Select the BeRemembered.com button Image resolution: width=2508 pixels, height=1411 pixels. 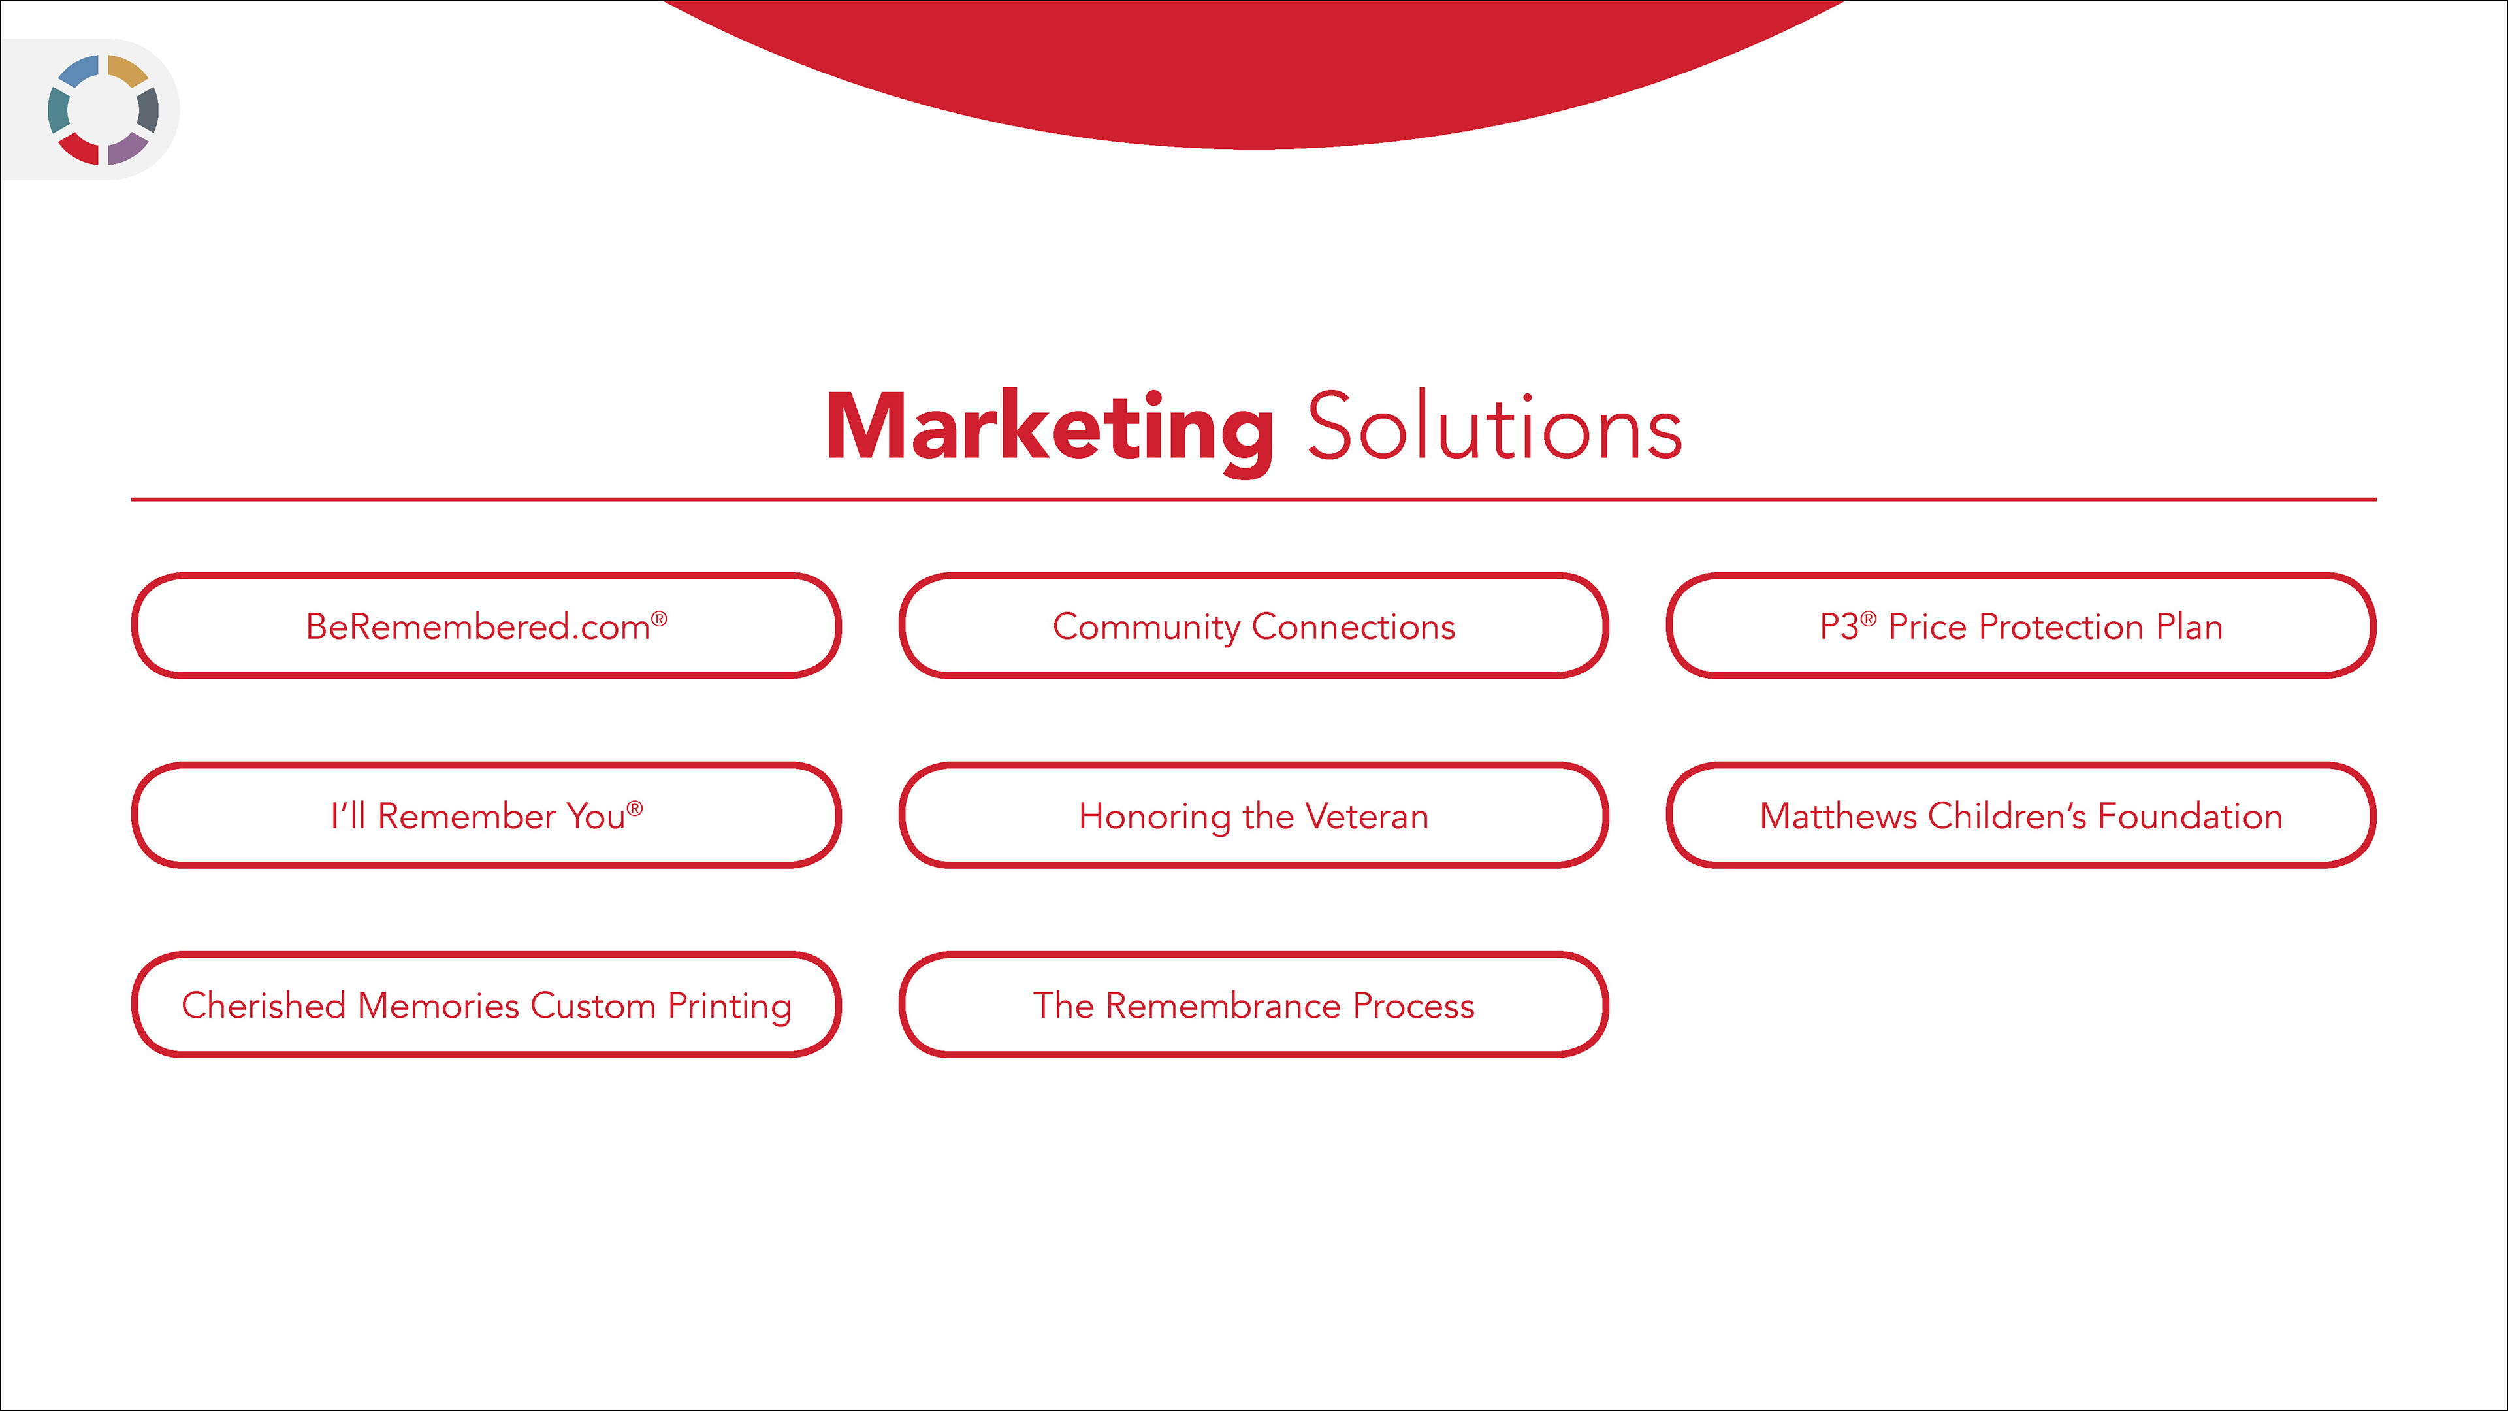coord(486,625)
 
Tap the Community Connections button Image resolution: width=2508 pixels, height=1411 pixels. coord(1253,625)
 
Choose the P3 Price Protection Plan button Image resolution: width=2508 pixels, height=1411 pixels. coord(2021,625)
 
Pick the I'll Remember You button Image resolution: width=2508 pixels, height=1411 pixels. coord(486,815)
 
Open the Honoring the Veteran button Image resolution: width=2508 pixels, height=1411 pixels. coord(1253,815)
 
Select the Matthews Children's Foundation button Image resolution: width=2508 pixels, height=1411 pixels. coord(2021,815)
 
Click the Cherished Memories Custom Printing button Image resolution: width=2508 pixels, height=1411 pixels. coord(486,1004)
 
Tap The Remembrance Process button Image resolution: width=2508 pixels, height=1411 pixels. coord(1253,1004)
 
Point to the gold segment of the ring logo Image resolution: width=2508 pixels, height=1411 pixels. coord(127,70)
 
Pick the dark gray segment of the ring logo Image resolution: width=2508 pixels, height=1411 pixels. coord(148,110)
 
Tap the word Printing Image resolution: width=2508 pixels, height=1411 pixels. coord(730,1007)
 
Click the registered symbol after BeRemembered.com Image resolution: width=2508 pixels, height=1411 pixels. coord(659,617)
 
